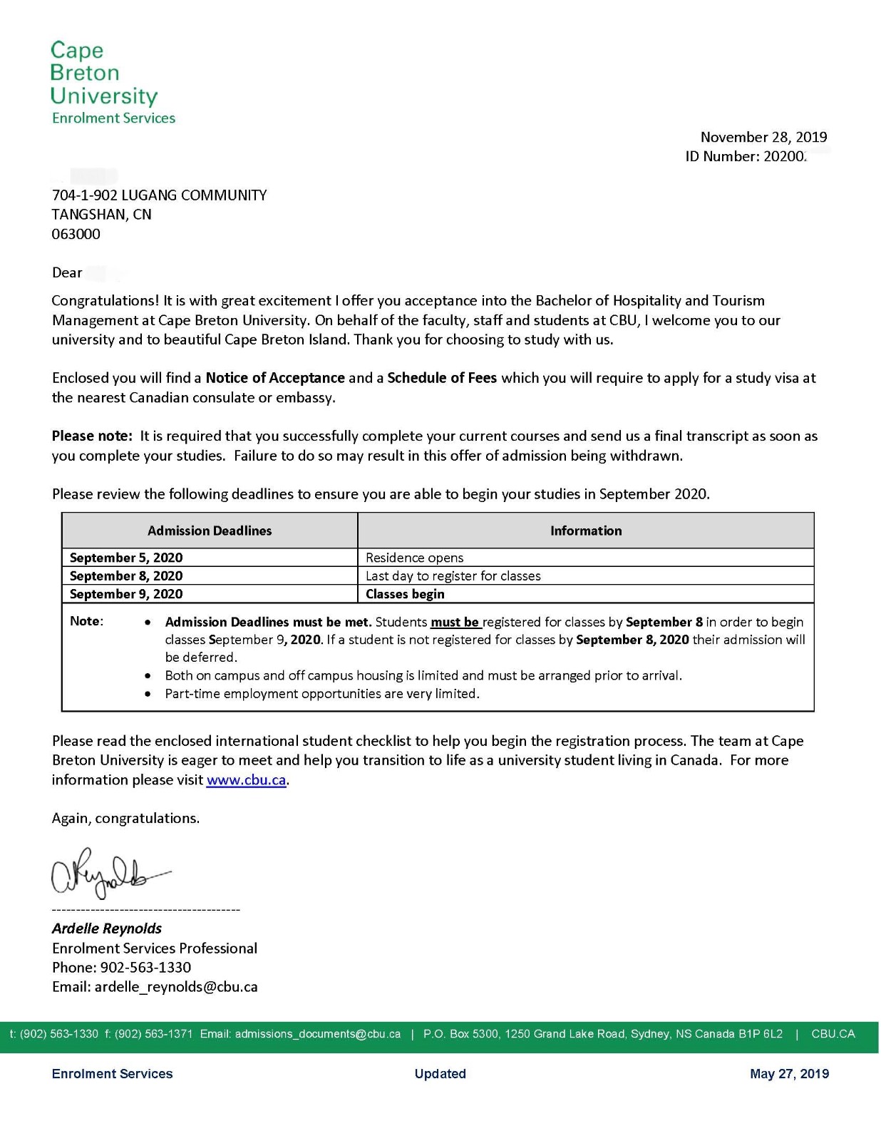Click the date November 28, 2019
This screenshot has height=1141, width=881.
pos(763,137)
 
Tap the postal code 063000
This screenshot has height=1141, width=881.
pos(76,235)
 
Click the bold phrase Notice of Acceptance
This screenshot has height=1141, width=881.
pos(275,378)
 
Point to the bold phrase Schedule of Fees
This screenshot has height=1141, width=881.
pos(442,378)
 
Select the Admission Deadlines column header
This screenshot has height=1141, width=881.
pos(210,531)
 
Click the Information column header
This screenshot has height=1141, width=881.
pos(586,531)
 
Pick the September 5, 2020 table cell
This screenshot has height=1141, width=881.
pos(126,558)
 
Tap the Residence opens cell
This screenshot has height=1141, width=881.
pos(415,558)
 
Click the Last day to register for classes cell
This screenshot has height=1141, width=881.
pos(453,576)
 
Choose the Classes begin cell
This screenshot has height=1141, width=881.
pos(405,594)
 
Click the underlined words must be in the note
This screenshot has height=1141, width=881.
pos(455,623)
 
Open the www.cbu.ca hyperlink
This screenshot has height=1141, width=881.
pos(247,780)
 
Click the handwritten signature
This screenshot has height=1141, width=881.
pos(107,874)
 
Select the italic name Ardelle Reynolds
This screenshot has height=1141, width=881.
pos(107,928)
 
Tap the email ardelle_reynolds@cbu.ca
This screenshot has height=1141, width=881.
pos(176,987)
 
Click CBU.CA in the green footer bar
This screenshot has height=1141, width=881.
pos(833,1034)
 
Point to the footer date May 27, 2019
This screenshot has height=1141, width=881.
pos(789,1074)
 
